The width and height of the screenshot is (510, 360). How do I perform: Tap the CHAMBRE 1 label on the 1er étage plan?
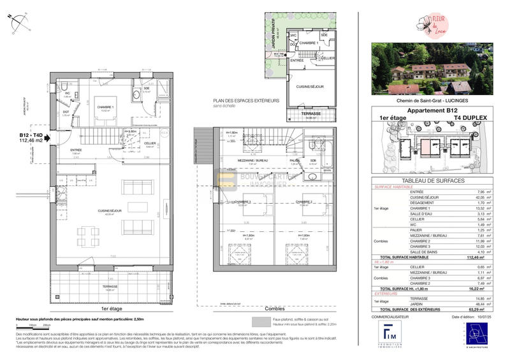tap(105, 107)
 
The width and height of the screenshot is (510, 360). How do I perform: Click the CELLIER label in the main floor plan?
tap(150, 143)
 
